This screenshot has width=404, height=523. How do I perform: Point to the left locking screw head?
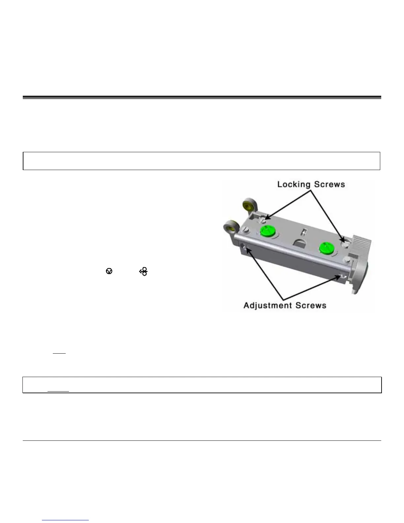click(x=262, y=219)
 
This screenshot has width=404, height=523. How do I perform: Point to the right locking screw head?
click(x=344, y=244)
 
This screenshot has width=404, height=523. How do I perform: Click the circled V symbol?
click(x=109, y=271)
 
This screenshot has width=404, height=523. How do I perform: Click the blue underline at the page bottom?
click(x=65, y=520)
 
